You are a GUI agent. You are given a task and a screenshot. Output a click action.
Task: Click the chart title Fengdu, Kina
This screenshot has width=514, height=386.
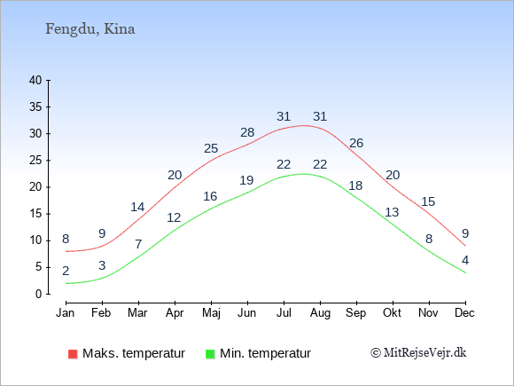(x=90, y=29)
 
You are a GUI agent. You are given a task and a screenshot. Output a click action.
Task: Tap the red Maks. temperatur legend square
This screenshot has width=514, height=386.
(x=73, y=354)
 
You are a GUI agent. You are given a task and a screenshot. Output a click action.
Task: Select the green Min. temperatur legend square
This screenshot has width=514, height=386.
(x=210, y=354)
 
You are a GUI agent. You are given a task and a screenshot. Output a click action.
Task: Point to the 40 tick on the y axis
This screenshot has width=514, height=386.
(x=35, y=80)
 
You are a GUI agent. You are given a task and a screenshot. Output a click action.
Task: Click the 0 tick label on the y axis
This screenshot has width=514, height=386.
(x=39, y=294)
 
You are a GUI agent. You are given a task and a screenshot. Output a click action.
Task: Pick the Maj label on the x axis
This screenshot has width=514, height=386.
(x=211, y=313)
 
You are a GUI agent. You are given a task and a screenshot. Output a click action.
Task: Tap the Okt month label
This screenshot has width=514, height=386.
(x=392, y=312)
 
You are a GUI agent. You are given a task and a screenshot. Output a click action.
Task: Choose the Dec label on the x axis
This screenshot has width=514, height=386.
(x=465, y=312)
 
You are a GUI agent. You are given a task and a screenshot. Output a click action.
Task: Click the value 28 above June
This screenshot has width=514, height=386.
(x=247, y=132)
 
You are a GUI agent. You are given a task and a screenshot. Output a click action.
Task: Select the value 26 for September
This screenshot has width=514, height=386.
(x=356, y=143)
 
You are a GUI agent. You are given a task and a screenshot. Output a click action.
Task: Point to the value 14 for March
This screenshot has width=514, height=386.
(x=137, y=207)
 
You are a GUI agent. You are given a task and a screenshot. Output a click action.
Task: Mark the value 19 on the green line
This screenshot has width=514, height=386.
(x=246, y=180)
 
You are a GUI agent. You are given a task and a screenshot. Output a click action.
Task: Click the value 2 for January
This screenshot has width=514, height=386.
(x=66, y=272)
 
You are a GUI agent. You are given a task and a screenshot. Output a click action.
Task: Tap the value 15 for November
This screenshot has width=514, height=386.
(x=428, y=201)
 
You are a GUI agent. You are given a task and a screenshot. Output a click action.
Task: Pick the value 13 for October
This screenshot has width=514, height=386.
(x=392, y=212)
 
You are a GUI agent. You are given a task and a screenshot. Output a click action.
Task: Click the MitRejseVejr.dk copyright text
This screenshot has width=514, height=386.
(x=418, y=353)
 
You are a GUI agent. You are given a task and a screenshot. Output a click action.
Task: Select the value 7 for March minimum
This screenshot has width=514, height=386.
(x=138, y=244)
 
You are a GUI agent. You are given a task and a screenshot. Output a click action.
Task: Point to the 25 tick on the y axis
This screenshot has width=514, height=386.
(x=35, y=161)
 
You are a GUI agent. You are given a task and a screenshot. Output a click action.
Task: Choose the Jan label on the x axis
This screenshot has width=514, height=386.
(x=66, y=312)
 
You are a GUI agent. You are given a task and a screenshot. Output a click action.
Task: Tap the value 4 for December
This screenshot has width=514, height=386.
(x=465, y=260)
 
